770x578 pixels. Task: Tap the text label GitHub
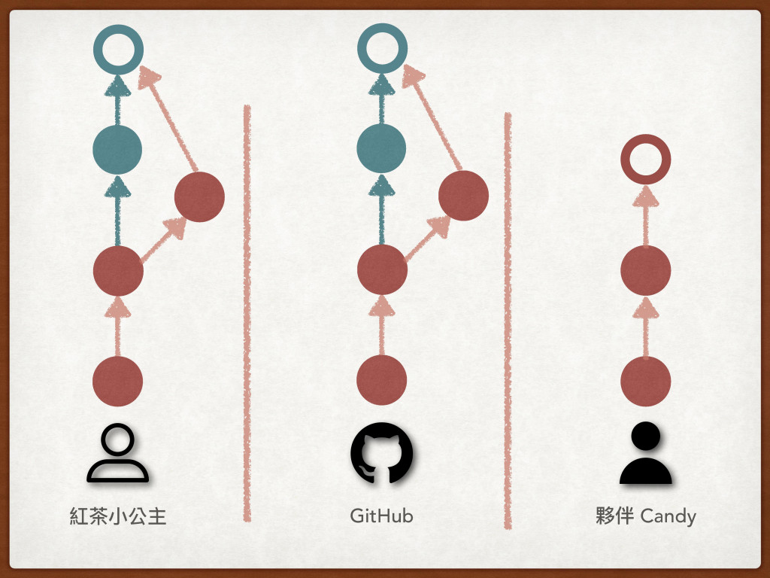tap(381, 516)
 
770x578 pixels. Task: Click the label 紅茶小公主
tap(118, 516)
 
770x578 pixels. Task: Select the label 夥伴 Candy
tap(645, 516)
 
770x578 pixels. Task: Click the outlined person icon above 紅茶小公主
tap(118, 455)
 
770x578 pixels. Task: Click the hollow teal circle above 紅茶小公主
tap(118, 49)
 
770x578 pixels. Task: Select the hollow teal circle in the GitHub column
tap(381, 49)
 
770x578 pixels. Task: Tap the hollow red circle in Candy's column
tap(645, 159)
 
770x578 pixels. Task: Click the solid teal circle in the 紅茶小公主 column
tap(117, 148)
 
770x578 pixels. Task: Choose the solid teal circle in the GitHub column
tap(381, 148)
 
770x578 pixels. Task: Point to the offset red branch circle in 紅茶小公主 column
tap(199, 196)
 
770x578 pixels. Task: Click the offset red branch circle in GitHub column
tap(463, 196)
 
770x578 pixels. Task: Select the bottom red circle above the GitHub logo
tap(381, 381)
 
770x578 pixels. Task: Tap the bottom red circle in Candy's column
tap(645, 381)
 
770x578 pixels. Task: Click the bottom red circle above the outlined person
tap(118, 381)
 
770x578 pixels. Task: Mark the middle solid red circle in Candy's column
tap(645, 270)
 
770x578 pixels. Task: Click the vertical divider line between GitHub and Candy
tap(508, 316)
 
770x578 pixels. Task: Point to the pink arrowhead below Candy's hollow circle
tap(645, 196)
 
